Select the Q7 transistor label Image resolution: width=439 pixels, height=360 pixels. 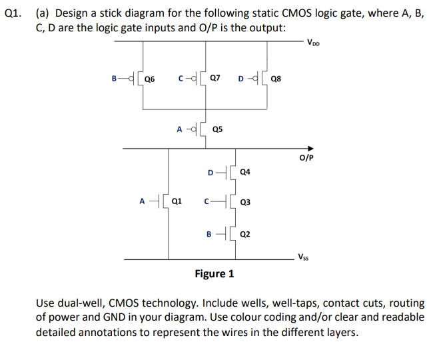215,78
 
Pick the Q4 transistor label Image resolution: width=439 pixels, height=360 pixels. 244,172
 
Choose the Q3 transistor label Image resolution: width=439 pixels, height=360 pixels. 244,202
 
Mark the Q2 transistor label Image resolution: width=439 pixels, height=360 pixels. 244,234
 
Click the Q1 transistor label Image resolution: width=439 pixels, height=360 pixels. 177,199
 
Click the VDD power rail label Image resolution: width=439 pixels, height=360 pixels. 314,44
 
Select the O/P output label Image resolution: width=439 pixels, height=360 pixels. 306,159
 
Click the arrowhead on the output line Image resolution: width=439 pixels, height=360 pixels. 309,149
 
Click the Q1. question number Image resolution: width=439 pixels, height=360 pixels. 13,12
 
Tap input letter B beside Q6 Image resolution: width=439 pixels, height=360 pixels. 115,78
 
